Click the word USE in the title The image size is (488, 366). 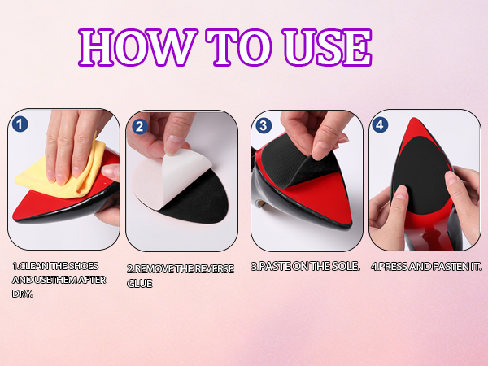(327, 47)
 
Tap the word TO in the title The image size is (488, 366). (238, 47)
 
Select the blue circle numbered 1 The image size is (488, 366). (20, 124)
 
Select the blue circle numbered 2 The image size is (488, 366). (140, 126)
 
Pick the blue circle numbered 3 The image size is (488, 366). (264, 125)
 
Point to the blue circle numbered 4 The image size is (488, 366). (380, 124)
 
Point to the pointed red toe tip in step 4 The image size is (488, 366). (414, 119)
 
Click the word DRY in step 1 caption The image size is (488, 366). (21, 294)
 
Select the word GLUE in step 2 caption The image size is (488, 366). (139, 284)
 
